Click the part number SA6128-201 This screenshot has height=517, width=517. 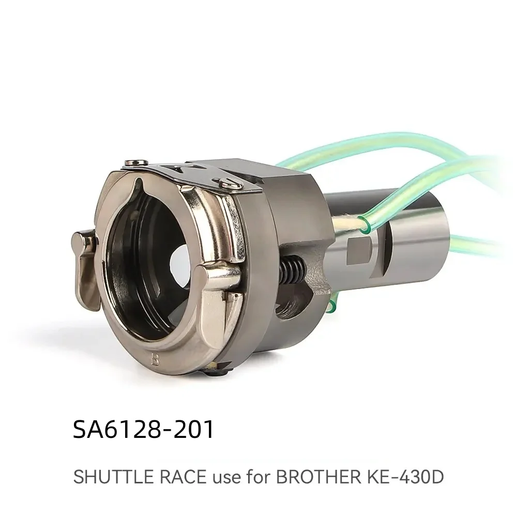pos(144,430)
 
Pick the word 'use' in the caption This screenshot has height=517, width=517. pos(219,477)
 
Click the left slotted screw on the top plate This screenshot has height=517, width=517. pos(132,164)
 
